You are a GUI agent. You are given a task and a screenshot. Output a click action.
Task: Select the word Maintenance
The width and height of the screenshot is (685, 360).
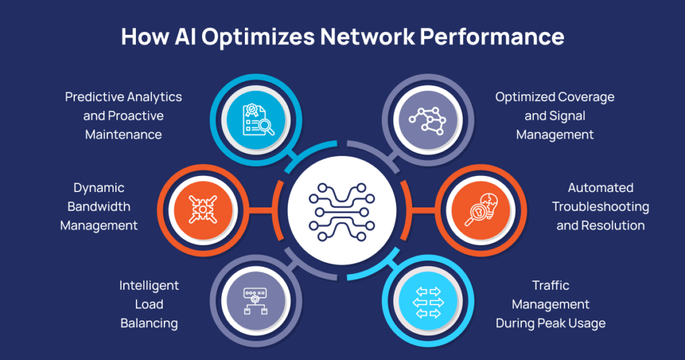pos(123,134)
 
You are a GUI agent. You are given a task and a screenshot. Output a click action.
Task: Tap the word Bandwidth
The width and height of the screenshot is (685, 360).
pos(99,207)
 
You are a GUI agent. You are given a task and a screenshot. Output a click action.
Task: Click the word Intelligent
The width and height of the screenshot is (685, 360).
pos(149,286)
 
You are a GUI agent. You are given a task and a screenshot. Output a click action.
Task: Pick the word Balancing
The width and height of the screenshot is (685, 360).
pos(149,323)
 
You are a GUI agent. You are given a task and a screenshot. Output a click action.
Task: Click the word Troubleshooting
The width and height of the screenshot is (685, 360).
pos(601,207)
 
